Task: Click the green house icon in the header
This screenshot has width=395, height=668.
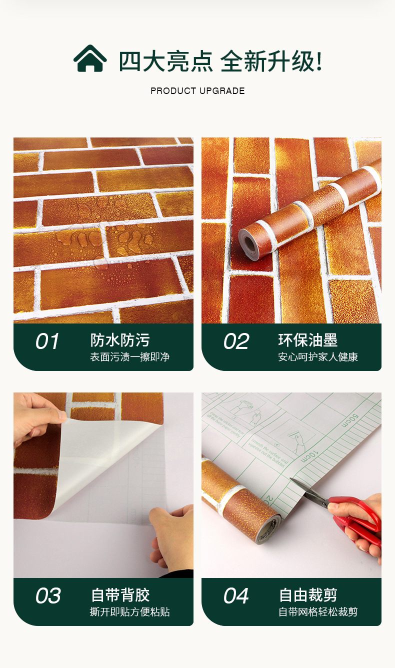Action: point(90,58)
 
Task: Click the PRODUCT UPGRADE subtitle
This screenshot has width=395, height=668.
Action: point(197,91)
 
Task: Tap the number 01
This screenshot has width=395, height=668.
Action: point(47,341)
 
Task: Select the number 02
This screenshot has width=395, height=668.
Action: point(236,341)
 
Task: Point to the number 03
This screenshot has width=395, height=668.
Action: point(48,596)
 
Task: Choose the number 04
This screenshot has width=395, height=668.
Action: point(236,596)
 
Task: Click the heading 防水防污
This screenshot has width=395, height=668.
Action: point(120,340)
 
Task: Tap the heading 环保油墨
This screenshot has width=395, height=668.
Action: point(308,340)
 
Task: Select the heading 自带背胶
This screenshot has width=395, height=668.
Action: point(120,595)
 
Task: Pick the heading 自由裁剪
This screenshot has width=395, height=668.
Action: point(308,595)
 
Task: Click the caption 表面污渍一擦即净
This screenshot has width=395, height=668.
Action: point(129,357)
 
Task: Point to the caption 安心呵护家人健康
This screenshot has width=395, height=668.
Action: point(318,357)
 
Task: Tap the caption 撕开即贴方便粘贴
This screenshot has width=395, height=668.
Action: point(129,612)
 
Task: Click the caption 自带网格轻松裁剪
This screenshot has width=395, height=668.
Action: point(318,612)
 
